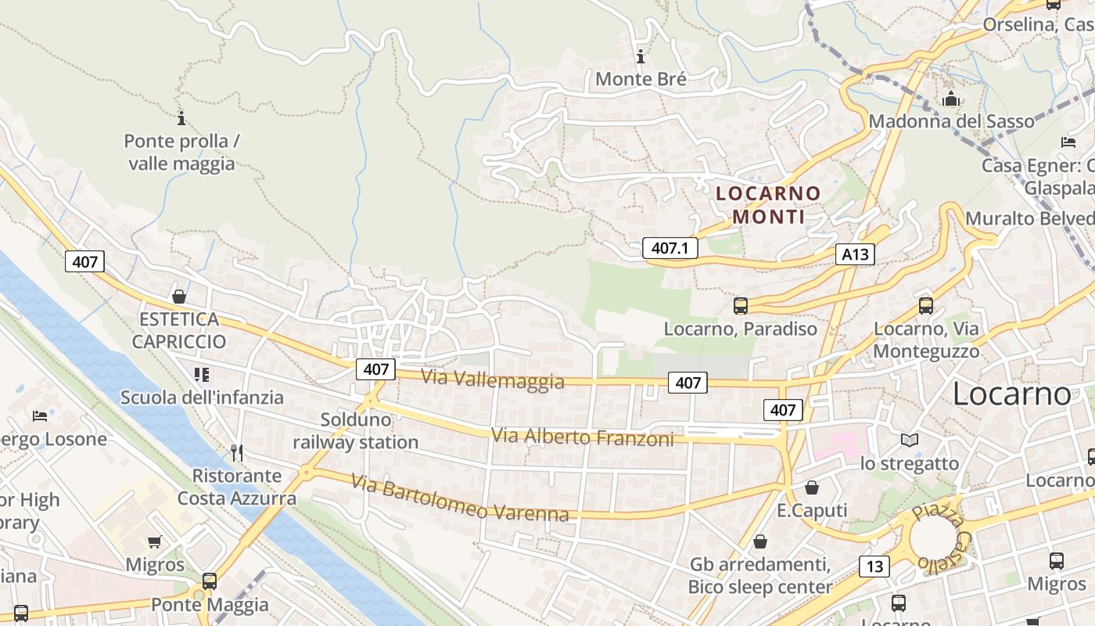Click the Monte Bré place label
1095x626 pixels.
click(x=641, y=79)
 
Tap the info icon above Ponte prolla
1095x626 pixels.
click(x=181, y=119)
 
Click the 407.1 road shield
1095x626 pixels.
click(x=670, y=248)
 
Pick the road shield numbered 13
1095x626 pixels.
click(x=874, y=566)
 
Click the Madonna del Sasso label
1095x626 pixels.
click(x=951, y=121)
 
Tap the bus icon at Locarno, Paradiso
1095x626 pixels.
click(x=740, y=306)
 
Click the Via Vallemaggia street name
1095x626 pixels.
click(x=493, y=379)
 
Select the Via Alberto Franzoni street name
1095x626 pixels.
click(x=582, y=437)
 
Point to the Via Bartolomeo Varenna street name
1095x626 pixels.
click(x=460, y=498)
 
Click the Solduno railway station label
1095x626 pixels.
click(x=356, y=431)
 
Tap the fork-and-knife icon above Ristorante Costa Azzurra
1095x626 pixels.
click(x=237, y=452)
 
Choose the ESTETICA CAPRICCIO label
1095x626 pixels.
click(x=179, y=330)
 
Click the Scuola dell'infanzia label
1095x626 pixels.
click(x=202, y=398)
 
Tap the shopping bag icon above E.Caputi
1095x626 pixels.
click(x=812, y=487)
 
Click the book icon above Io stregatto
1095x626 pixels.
click(x=909, y=441)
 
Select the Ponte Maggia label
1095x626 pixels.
click(x=210, y=605)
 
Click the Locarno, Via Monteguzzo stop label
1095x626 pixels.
click(x=926, y=340)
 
